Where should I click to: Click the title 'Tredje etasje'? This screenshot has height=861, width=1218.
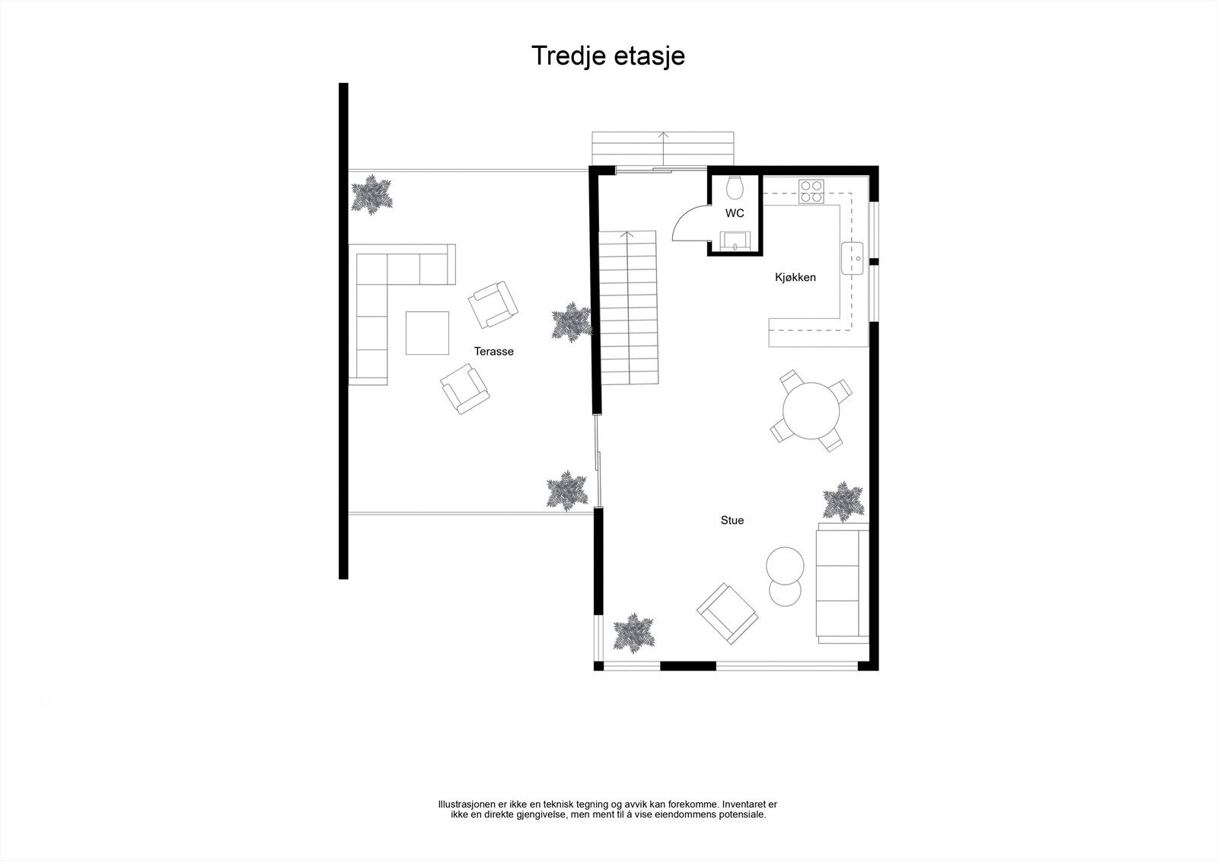click(607, 56)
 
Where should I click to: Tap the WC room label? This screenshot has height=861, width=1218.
click(735, 213)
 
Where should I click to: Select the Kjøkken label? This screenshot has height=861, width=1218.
click(796, 277)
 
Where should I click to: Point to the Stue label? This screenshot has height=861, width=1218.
click(732, 520)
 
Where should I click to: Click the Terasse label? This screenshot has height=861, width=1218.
click(494, 351)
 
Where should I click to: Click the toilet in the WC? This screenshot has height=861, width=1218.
click(735, 187)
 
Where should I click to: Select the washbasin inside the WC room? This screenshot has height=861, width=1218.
click(735, 241)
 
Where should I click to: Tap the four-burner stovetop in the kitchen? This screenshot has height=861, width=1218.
click(811, 191)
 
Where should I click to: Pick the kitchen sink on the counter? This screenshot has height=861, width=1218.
click(852, 258)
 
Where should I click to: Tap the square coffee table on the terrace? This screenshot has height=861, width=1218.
click(427, 333)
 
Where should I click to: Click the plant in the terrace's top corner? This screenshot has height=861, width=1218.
click(372, 194)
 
